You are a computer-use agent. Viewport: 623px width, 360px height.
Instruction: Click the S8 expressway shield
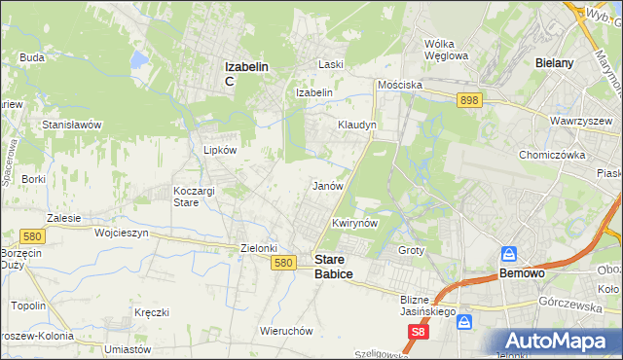pos(418,333)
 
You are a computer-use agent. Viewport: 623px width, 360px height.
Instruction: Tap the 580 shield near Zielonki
pos(283,263)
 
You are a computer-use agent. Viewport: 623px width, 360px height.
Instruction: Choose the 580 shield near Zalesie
pos(31,235)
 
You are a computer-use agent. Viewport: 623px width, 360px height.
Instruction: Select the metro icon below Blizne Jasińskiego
pos(465,320)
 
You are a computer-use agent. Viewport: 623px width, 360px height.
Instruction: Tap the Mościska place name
pos(400,85)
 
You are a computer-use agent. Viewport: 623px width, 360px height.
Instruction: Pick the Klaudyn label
pos(356,126)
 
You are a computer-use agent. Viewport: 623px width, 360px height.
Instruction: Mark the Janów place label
pos(326,185)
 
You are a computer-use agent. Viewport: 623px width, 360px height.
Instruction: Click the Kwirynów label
pos(353,223)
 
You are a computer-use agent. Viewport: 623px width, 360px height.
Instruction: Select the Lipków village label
pos(219,151)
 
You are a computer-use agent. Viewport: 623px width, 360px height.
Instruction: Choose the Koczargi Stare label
pos(194,197)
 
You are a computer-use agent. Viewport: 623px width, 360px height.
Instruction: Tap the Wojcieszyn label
pos(121,234)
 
